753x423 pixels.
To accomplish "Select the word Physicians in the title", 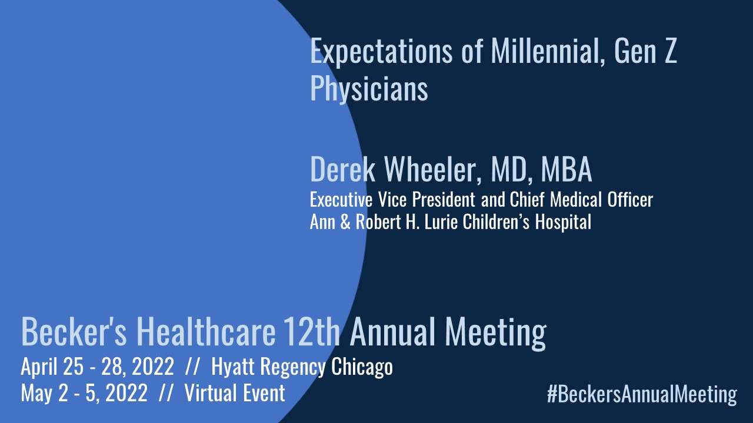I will tap(369, 89).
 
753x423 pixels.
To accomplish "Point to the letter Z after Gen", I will tap(669, 52).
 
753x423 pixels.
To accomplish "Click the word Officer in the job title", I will tap(630, 200).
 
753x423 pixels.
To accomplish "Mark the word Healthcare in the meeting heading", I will tap(206, 332).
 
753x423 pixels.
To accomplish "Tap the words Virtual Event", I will tap(235, 393).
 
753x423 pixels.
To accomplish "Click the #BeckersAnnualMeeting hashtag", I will tap(641, 394).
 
